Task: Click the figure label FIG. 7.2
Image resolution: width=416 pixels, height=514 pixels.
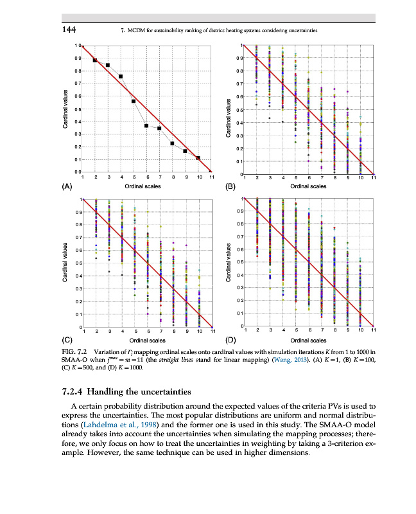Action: click(x=74, y=352)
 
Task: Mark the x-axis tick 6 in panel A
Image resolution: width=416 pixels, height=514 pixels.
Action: click(x=147, y=177)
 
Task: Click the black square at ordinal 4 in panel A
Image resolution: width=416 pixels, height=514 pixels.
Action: click(x=121, y=76)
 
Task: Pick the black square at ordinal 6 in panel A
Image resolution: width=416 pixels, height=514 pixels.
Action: click(x=147, y=126)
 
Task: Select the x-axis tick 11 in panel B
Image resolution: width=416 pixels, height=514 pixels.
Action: click(x=372, y=177)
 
